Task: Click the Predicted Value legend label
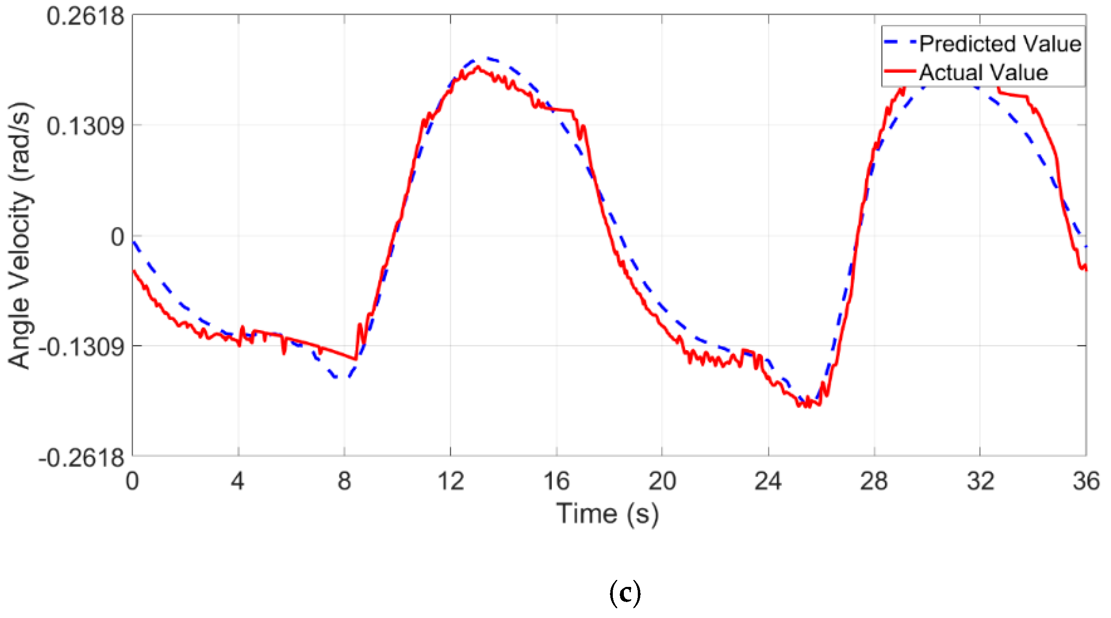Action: pyautogui.click(x=1000, y=43)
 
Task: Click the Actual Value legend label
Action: pyautogui.click(x=983, y=72)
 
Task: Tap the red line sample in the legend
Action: pyautogui.click(x=900, y=71)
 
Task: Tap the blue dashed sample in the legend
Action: pyautogui.click(x=900, y=42)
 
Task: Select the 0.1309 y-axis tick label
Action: pyautogui.click(x=85, y=126)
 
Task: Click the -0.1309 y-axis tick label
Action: pyautogui.click(x=81, y=346)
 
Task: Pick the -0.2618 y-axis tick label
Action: pyautogui.click(x=81, y=457)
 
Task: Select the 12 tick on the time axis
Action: pyautogui.click(x=450, y=481)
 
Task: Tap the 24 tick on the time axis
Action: pyautogui.click(x=768, y=481)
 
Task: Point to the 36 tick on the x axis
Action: pyautogui.click(x=1086, y=481)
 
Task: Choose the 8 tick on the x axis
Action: pyautogui.click(x=344, y=481)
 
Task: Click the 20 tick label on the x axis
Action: pyautogui.click(x=662, y=481)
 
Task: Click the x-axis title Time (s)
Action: pyautogui.click(x=607, y=514)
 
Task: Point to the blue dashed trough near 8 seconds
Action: pyautogui.click(x=340, y=378)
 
